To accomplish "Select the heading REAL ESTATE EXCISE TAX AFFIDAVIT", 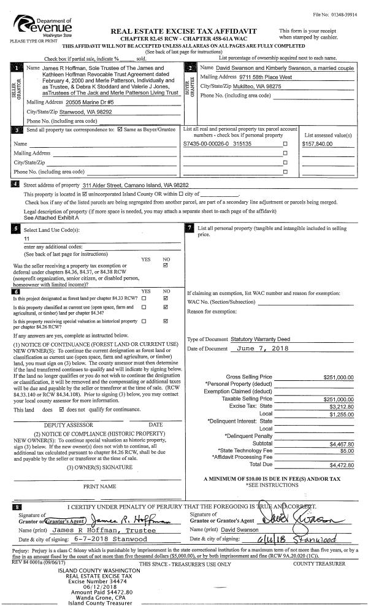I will pyautogui.click(x=183, y=31).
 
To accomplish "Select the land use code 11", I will pyautogui.click(x=27, y=238).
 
